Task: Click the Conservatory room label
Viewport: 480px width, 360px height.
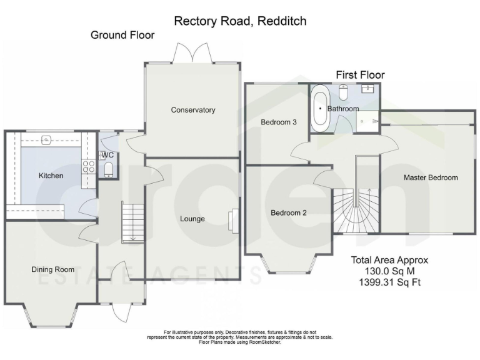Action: click(x=193, y=110)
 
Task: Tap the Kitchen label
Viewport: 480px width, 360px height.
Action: click(x=51, y=176)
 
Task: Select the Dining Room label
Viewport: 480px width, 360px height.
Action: click(x=52, y=269)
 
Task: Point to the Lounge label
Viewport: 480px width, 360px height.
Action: click(x=192, y=219)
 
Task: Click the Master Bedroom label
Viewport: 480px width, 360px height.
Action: click(x=430, y=177)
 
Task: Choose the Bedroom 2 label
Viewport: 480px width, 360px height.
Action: click(x=288, y=212)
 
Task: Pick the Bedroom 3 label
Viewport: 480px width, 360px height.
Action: click(x=278, y=122)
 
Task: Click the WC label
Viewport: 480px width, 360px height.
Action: click(x=107, y=154)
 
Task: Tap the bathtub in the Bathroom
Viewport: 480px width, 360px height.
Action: click(x=321, y=108)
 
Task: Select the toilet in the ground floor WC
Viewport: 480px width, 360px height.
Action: click(x=109, y=169)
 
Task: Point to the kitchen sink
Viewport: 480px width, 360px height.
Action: click(x=46, y=139)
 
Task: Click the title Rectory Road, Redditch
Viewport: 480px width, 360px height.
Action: click(x=240, y=21)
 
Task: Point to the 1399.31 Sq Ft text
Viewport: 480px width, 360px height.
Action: click(x=390, y=282)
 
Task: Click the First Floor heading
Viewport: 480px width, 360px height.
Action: click(x=360, y=74)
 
